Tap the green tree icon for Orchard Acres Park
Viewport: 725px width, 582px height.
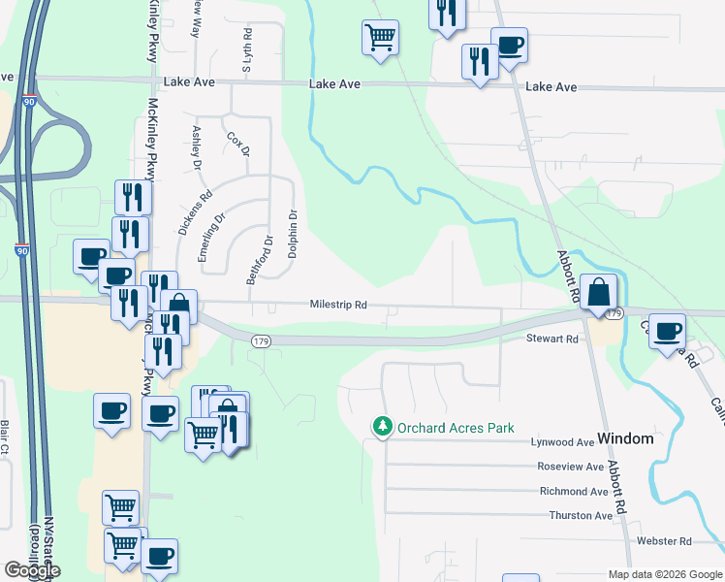384,427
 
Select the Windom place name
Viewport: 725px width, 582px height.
625,438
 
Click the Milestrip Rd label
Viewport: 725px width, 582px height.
338,305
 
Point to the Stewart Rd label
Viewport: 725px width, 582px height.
552,339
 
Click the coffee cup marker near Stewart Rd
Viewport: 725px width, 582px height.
668,331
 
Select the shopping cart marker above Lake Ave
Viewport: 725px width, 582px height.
380,37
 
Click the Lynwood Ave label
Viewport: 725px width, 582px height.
562,441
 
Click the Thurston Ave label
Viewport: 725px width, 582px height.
581,516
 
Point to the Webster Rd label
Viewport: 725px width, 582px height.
664,540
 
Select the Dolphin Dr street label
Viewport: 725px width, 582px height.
292,234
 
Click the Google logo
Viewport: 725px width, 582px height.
31,570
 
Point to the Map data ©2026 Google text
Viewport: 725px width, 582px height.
664,574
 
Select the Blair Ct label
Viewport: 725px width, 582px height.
5,436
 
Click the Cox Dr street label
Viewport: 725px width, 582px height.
238,145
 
